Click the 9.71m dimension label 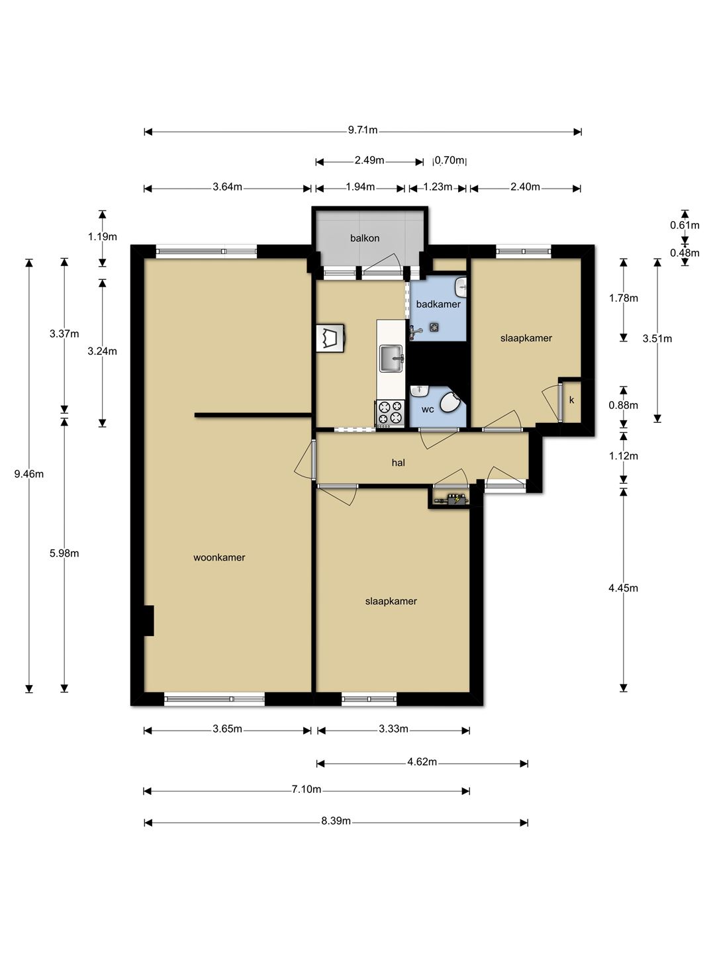(x=363, y=130)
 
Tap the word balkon (x=365, y=238)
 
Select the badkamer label (x=438, y=304)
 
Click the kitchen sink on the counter (x=391, y=358)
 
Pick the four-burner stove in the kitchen (x=390, y=412)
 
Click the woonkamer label (x=219, y=557)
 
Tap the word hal (x=398, y=463)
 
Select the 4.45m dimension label (x=623, y=588)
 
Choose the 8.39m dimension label (x=336, y=821)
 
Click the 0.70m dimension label (x=450, y=160)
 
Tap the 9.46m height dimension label (x=29, y=474)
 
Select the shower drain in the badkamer (x=433, y=327)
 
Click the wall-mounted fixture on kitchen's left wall (x=331, y=338)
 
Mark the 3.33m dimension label (x=393, y=729)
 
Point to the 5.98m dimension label (x=64, y=553)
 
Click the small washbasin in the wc (x=420, y=390)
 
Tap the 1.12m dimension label (x=623, y=456)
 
